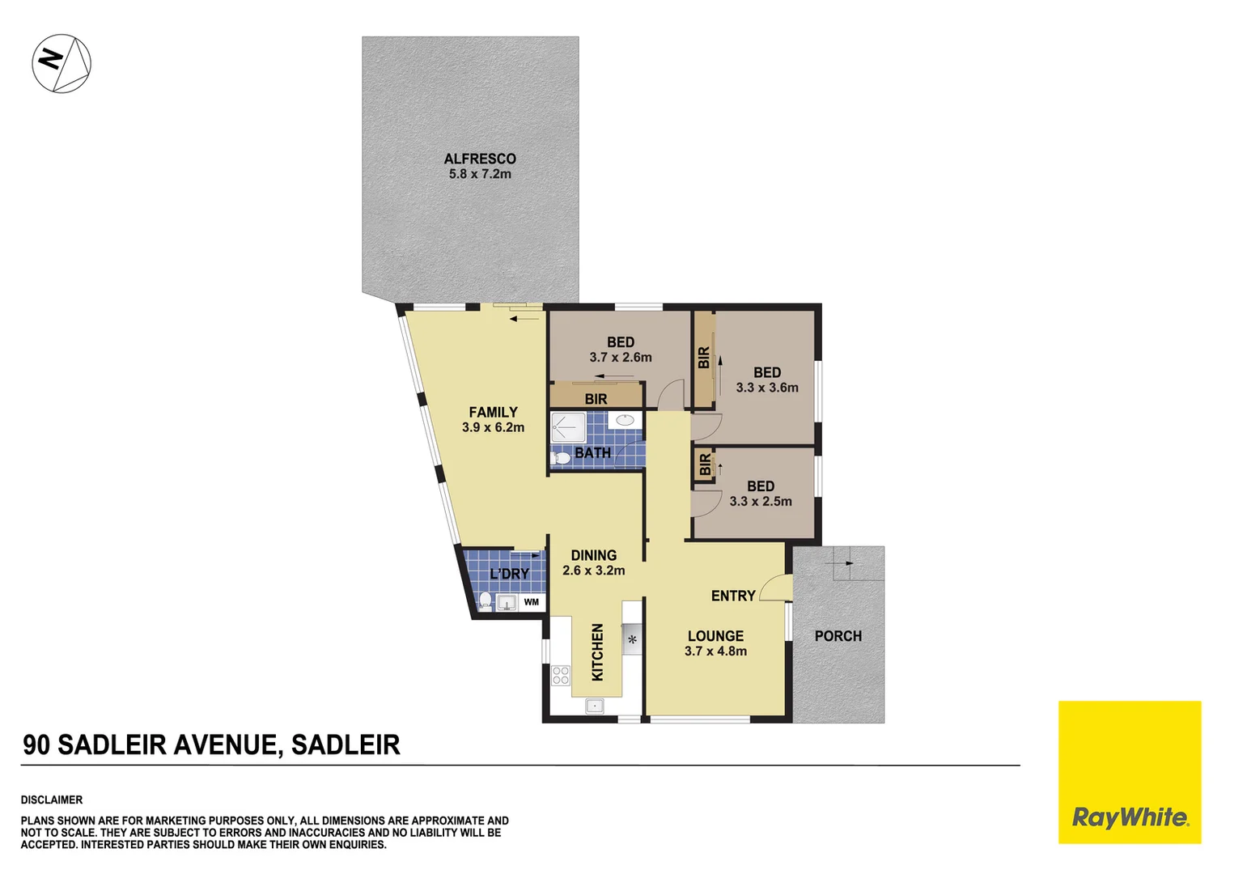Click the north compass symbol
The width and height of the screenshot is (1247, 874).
(x=62, y=63)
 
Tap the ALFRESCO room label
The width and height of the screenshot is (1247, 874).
(x=479, y=159)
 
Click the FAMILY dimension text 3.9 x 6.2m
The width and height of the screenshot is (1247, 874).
(x=493, y=427)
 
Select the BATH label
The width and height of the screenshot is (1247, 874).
(x=592, y=453)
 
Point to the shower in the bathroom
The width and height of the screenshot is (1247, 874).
(x=567, y=426)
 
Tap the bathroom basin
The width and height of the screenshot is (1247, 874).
(x=625, y=420)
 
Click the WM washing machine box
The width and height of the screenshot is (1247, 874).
(x=531, y=602)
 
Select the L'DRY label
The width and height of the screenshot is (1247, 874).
(x=509, y=574)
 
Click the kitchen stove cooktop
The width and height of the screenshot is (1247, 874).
(x=561, y=675)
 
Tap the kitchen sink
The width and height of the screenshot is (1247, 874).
(x=594, y=706)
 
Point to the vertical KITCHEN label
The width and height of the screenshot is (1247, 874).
(x=597, y=651)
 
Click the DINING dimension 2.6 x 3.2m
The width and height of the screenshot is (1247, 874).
(x=593, y=571)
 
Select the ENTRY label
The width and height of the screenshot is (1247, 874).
(x=732, y=596)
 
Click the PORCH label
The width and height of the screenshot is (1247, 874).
(x=838, y=636)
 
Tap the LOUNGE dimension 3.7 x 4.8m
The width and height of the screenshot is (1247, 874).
(x=715, y=651)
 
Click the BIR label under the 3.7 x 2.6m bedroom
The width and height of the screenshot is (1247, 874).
(x=596, y=399)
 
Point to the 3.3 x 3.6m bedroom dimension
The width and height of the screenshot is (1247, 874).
(x=766, y=388)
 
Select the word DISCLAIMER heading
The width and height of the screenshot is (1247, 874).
(x=52, y=800)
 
